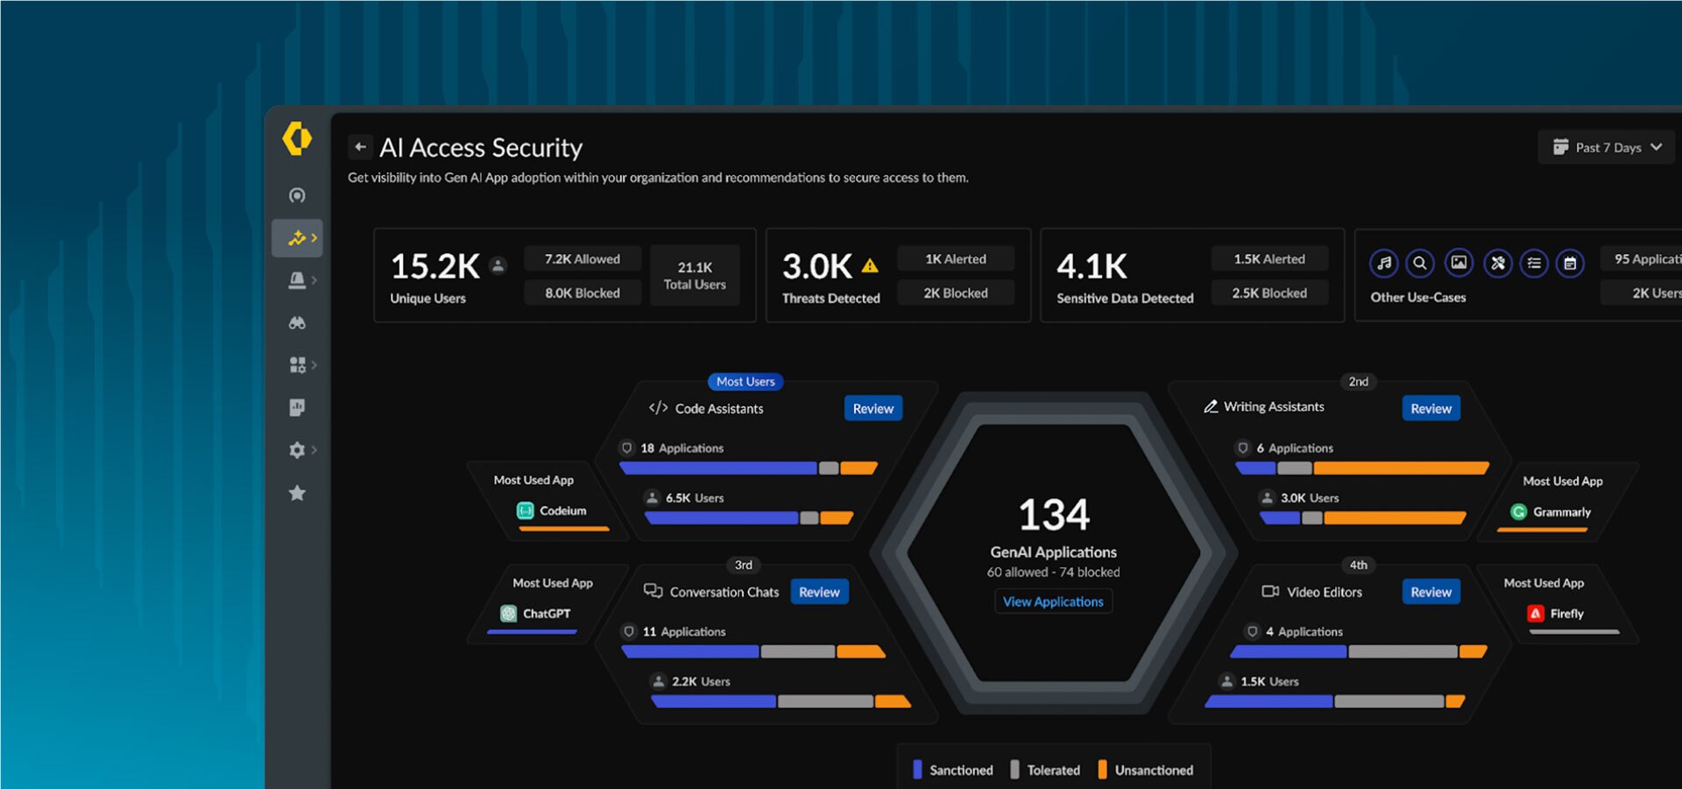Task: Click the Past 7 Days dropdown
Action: coord(1607,147)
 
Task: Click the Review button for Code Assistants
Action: coord(873,409)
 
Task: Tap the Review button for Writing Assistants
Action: coord(1431,409)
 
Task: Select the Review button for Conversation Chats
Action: coord(819,592)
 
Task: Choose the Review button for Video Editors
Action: coord(1431,592)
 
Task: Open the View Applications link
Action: coord(1052,602)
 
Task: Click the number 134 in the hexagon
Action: coord(1054,515)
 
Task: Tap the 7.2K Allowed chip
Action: coord(582,259)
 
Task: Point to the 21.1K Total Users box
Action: coord(694,275)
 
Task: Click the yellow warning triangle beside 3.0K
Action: coord(870,265)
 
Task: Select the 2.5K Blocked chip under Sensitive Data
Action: coord(1269,293)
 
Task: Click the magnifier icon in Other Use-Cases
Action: coord(1420,263)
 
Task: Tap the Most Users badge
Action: coord(746,382)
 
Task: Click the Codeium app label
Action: coord(562,511)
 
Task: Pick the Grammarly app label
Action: coord(1560,512)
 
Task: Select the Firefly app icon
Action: coord(1535,614)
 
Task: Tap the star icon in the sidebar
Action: coord(297,493)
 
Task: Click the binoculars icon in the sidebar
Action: coord(297,323)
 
